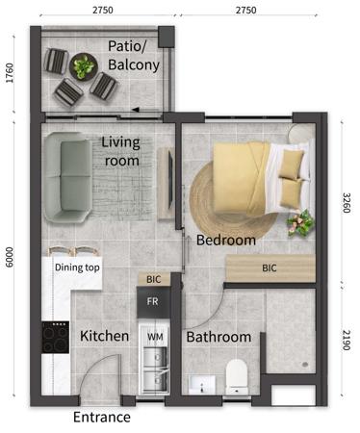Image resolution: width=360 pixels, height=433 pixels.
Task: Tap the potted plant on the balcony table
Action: point(84,66)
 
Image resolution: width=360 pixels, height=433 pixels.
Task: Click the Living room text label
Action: point(121,152)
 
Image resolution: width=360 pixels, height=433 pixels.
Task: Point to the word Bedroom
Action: point(226,240)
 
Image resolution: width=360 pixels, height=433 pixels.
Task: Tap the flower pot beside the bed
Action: point(300,222)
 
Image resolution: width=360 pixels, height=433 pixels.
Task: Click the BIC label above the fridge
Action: point(153,280)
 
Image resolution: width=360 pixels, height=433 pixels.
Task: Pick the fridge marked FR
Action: point(152,300)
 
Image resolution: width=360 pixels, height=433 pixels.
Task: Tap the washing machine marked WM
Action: point(154,338)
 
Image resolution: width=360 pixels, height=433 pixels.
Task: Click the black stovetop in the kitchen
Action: point(52,338)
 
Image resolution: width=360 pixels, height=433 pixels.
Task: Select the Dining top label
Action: point(77,267)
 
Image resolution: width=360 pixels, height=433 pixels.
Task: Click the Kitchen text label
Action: point(105,337)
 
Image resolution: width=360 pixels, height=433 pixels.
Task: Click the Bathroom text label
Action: point(219,338)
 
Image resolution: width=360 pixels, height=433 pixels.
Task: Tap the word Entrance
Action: point(102,418)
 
